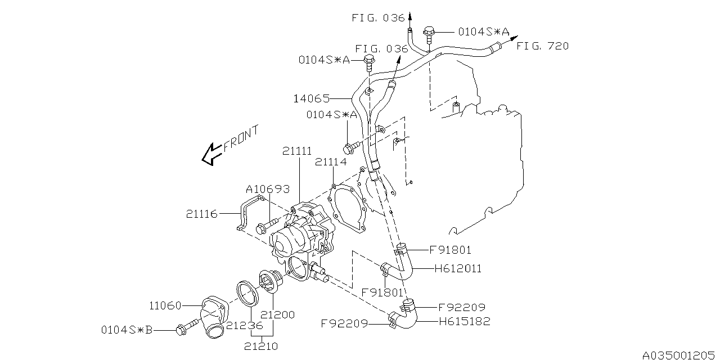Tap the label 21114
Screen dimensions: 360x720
pos(331,162)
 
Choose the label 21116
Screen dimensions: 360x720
pos(202,214)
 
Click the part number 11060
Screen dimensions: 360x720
pos(165,306)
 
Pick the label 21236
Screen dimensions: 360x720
pos(245,325)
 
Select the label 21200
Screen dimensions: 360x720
pos(278,315)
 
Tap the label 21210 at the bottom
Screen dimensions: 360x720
pos(261,346)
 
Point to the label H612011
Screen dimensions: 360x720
pos(458,269)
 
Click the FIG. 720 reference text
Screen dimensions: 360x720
pos(543,46)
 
